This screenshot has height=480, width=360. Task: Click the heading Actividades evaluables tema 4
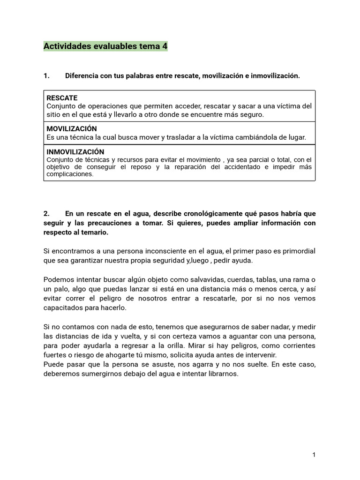click(x=105, y=46)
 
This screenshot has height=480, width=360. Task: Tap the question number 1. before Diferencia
click(x=46, y=76)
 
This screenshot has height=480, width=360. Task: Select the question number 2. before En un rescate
click(x=46, y=214)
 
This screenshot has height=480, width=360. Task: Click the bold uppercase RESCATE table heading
click(x=62, y=98)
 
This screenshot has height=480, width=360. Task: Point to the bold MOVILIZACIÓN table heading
click(x=72, y=129)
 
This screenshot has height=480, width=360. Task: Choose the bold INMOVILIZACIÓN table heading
click(x=75, y=152)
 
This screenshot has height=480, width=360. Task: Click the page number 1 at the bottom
click(x=314, y=455)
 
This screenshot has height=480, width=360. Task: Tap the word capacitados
click(x=65, y=308)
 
